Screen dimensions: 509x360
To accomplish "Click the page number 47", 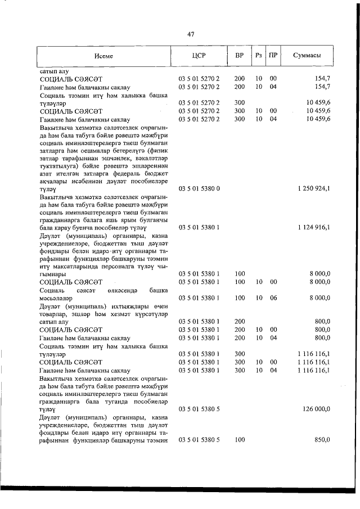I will tap(191, 34).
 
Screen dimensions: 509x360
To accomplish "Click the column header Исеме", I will tap(103, 57).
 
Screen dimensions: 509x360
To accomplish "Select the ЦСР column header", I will tap(199, 57).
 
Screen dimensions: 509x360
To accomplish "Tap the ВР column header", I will tap(240, 57).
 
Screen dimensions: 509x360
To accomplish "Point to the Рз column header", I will tap(259, 57).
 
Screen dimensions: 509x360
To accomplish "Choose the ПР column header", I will tap(273, 57).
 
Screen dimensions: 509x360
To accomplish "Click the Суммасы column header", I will tap(307, 57).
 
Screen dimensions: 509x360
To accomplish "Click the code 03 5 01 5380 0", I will tap(199, 188).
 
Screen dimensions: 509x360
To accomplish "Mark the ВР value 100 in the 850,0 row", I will tap(240, 440).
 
